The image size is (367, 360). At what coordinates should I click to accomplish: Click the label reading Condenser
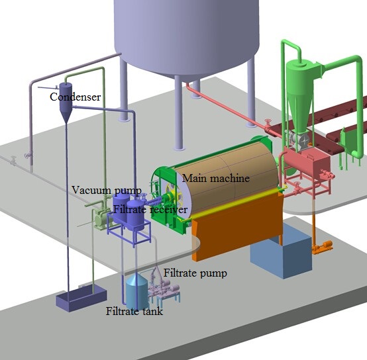click(75, 97)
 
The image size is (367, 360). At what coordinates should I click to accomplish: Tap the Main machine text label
click(216, 178)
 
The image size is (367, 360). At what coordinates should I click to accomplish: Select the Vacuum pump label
click(107, 191)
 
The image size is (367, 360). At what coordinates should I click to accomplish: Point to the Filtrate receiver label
click(150, 209)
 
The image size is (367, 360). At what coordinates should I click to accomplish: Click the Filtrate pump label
click(195, 273)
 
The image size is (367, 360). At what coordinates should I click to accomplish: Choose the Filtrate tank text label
click(134, 311)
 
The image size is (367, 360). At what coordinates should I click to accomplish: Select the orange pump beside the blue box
click(323, 247)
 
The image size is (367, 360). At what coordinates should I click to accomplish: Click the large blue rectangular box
click(281, 253)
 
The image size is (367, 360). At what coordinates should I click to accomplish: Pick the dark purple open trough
click(81, 299)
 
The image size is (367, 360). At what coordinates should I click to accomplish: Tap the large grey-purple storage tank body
click(187, 35)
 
